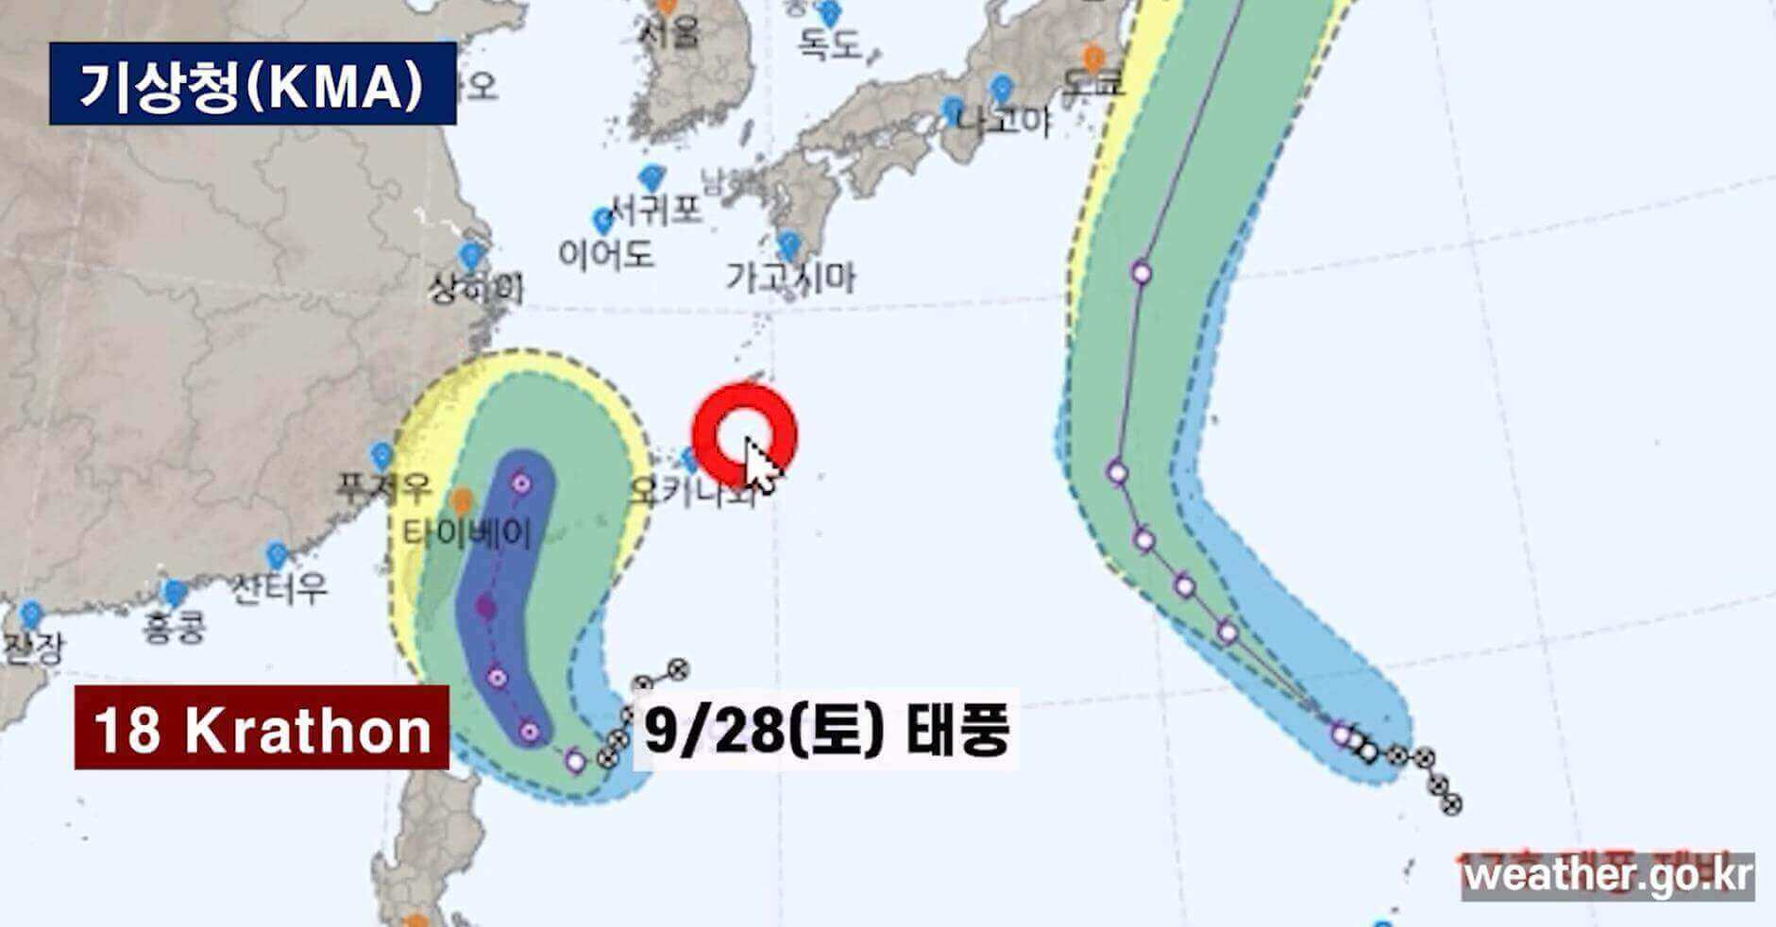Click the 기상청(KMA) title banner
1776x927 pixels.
point(252,83)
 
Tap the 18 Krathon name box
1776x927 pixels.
point(262,728)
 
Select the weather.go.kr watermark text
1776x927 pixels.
point(1607,874)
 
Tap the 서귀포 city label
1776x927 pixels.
point(655,209)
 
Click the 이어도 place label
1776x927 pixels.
point(605,253)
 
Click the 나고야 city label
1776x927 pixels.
point(1003,120)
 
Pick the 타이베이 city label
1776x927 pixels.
point(468,533)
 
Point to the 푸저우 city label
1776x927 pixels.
point(384,488)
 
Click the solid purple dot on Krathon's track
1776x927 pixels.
point(485,607)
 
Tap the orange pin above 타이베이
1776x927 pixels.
point(461,500)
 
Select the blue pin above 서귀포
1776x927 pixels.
point(651,177)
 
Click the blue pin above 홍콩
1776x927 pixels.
point(175,594)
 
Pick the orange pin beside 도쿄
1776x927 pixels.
point(1093,58)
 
